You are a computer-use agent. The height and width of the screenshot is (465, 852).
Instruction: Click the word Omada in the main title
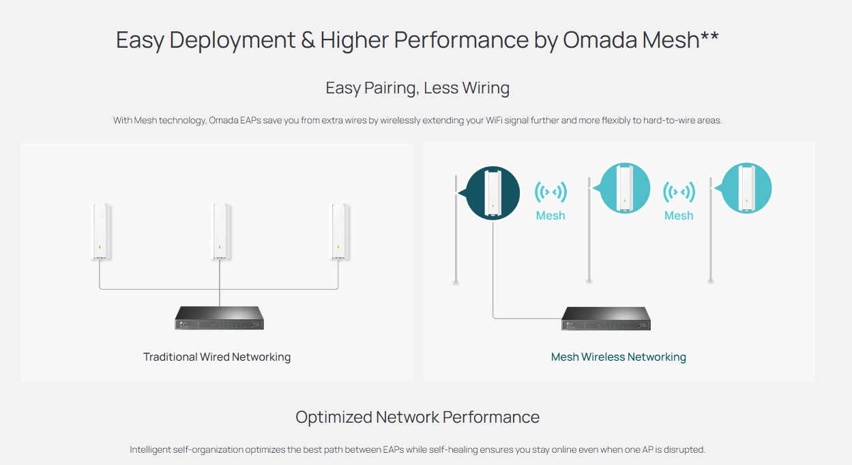point(600,40)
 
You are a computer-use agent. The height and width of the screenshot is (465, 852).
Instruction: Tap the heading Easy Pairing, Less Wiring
point(417,88)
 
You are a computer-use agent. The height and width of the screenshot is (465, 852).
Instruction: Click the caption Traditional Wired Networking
point(217,357)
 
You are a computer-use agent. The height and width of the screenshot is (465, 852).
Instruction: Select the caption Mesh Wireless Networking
point(619,357)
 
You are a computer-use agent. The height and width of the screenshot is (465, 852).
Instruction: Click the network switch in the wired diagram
point(220,318)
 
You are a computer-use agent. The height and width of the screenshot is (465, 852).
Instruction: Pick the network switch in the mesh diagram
point(606,318)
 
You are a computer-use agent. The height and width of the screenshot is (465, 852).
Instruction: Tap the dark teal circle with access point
point(493,193)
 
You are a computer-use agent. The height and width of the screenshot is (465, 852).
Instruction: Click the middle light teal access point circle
point(625,188)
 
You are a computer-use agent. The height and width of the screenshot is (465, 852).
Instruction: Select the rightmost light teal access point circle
point(746,188)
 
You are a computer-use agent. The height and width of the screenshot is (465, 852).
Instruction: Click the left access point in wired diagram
point(100,232)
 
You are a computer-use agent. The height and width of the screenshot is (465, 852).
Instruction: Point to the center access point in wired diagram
point(220,232)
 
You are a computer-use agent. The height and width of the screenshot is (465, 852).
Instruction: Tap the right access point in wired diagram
point(339,232)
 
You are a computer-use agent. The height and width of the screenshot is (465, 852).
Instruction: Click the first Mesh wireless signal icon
point(550,192)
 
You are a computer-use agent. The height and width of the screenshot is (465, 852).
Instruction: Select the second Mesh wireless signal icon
point(679,192)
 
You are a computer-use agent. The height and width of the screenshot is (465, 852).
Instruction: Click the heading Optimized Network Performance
point(417,417)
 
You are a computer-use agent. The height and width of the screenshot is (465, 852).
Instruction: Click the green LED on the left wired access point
point(100,247)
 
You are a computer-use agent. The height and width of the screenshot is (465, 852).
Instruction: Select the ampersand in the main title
point(308,40)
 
